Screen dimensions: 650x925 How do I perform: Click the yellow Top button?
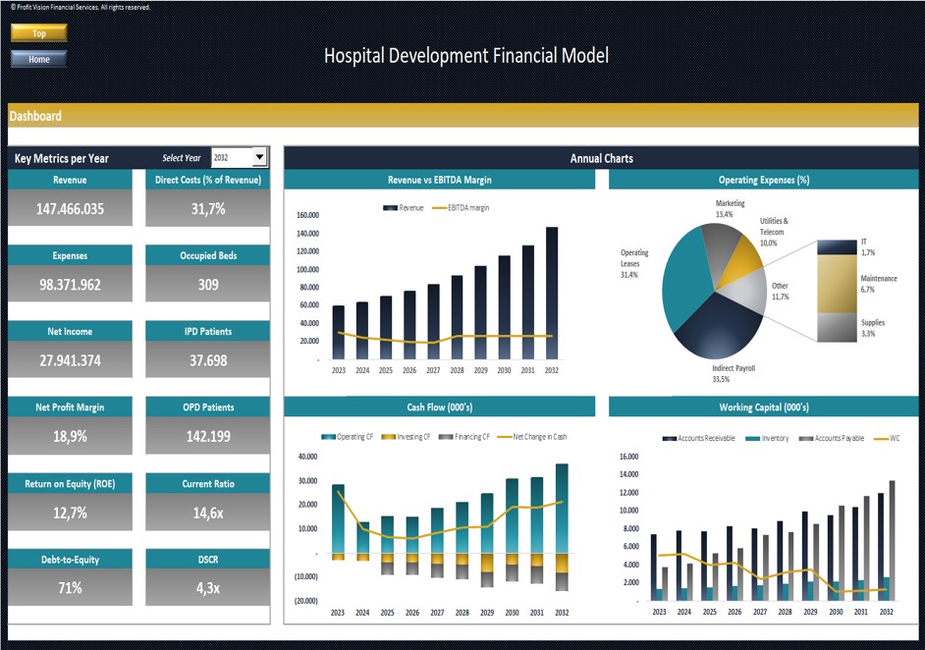(x=39, y=33)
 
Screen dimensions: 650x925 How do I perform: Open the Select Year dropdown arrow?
(x=259, y=157)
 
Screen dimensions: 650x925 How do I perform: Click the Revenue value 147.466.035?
(x=70, y=209)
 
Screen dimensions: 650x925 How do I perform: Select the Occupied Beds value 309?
(x=207, y=285)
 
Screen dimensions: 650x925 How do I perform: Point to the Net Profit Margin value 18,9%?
(x=70, y=436)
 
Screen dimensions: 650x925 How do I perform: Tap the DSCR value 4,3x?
(x=207, y=588)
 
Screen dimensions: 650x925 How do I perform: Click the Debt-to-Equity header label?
(x=70, y=560)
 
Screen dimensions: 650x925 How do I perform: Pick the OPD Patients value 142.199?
(x=207, y=436)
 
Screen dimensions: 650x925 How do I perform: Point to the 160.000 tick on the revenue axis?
(x=307, y=215)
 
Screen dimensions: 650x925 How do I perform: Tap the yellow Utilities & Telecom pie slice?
(x=746, y=257)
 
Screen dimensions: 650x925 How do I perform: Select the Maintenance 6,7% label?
(x=878, y=284)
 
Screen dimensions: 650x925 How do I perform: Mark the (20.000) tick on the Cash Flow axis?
(x=304, y=601)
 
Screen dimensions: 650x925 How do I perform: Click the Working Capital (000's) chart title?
(x=764, y=407)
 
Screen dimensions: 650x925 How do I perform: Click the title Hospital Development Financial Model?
(x=465, y=56)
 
